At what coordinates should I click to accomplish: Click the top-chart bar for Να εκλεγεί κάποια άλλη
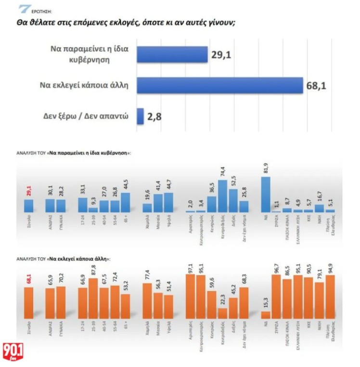(220, 85)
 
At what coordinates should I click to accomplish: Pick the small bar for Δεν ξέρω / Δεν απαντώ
(141, 116)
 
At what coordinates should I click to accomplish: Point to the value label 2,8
(155, 116)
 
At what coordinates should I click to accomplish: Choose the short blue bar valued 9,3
(93, 210)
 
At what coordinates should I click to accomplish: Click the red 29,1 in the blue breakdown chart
(29, 191)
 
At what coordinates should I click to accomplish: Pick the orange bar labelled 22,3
(222, 313)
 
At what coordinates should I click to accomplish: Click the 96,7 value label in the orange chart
(276, 268)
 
